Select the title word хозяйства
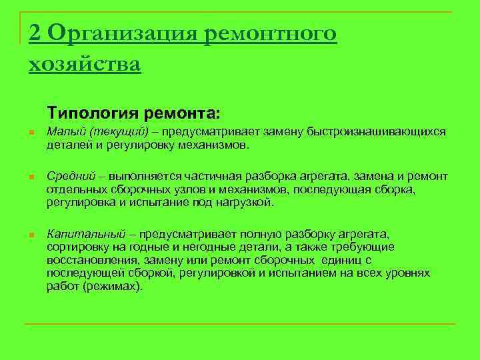[85, 64]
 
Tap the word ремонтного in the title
[271, 33]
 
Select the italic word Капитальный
[86, 235]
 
